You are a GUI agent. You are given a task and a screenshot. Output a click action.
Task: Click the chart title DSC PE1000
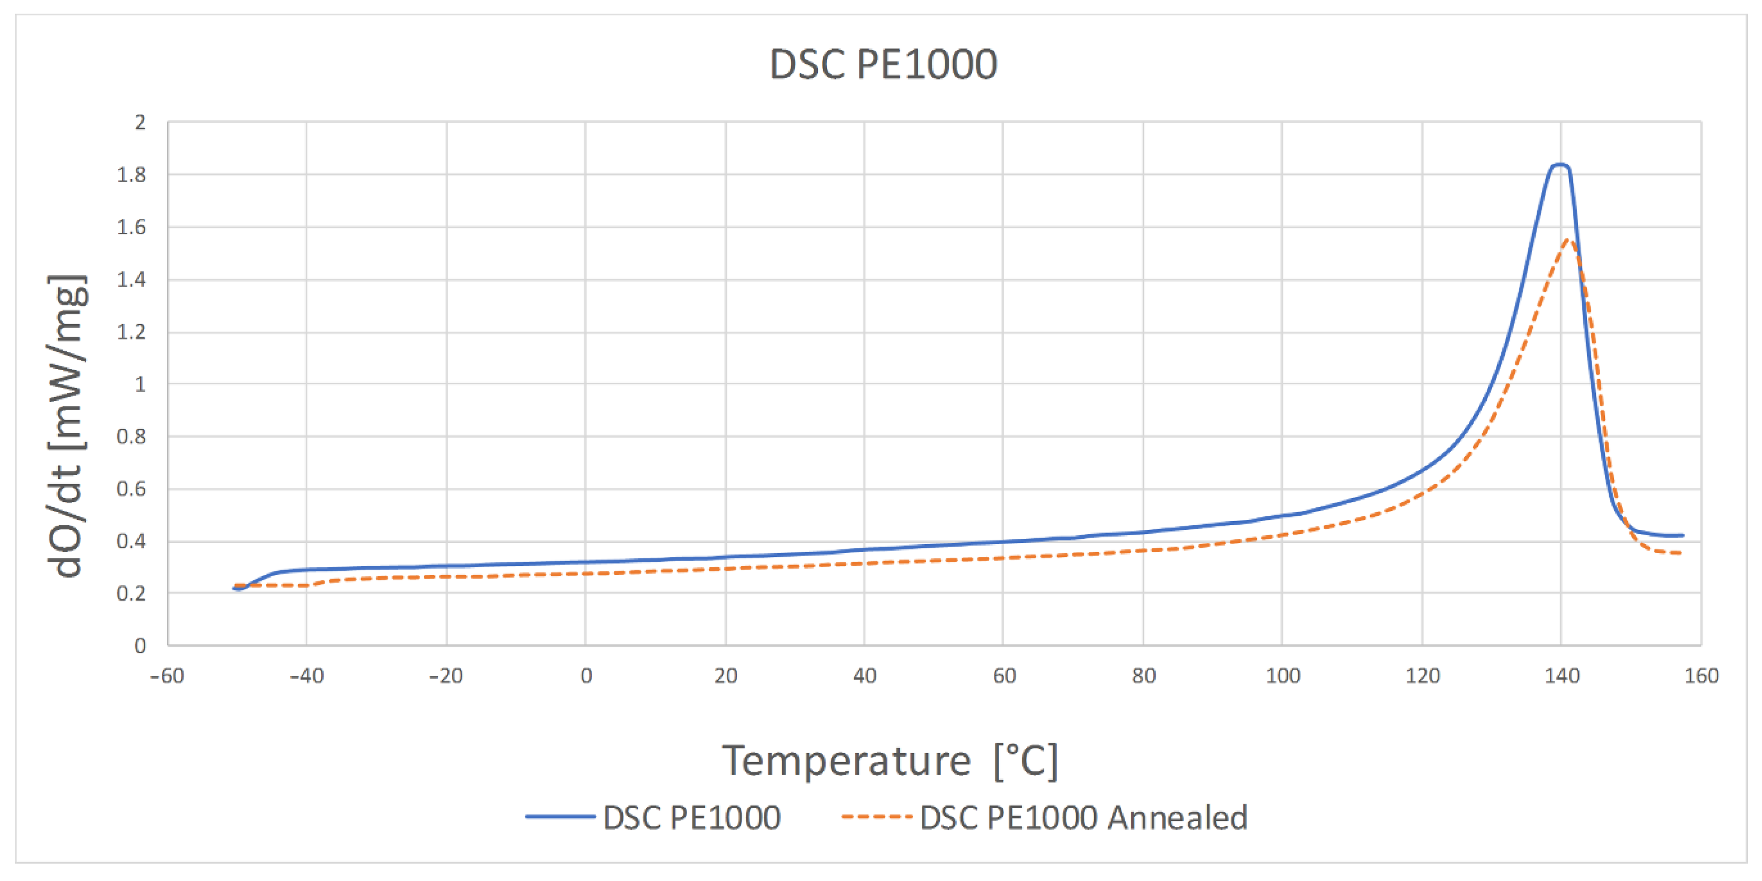pos(882,65)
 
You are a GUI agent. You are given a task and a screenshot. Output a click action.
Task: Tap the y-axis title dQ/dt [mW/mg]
pos(67,426)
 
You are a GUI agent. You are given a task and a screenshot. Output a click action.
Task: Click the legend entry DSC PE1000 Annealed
pos(1083,818)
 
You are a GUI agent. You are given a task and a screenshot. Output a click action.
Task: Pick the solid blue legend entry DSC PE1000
pos(691,818)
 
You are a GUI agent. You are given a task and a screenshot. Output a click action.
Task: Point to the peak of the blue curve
pos(1560,165)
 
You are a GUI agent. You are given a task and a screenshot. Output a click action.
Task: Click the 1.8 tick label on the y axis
pos(131,175)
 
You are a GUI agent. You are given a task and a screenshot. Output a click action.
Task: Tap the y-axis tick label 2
pos(140,123)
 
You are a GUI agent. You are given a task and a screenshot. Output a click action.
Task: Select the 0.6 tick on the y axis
pos(131,489)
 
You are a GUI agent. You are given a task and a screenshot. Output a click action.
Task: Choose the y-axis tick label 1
pos(140,384)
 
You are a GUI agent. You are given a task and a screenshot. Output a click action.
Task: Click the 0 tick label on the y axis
pos(140,646)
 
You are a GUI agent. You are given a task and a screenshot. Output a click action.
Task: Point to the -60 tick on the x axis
pos(167,676)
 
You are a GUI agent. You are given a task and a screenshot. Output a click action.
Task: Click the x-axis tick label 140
pos(1562,676)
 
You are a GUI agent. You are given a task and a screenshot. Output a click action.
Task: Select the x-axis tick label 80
pos(1143,676)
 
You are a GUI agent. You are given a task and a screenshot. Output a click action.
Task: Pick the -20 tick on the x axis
pos(446,676)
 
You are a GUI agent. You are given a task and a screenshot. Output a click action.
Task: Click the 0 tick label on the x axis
pos(586,676)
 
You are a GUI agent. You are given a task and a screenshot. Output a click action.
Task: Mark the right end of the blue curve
pos(1682,536)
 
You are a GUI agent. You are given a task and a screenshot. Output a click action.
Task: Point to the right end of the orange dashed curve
pos(1680,553)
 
